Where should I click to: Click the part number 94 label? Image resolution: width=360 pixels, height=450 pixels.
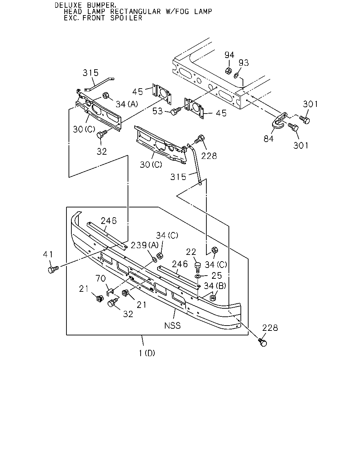(x=229, y=55)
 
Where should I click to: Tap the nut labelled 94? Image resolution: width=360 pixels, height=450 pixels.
(x=229, y=71)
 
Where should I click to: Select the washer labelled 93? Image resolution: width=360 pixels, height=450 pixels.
(x=236, y=76)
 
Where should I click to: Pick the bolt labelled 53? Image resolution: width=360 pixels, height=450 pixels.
(x=176, y=111)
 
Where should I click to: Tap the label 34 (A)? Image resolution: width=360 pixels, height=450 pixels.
(x=127, y=104)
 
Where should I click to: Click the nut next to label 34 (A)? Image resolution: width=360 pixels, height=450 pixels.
(x=105, y=95)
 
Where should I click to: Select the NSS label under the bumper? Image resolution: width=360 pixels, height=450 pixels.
(x=172, y=326)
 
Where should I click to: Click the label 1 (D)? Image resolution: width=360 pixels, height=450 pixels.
(x=147, y=353)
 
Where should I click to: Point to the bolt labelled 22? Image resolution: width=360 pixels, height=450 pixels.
(x=198, y=268)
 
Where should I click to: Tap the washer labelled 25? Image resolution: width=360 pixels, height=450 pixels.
(x=198, y=276)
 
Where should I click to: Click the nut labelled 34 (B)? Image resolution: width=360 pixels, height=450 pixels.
(x=213, y=297)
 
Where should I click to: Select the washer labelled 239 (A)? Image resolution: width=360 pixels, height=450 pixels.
(x=154, y=260)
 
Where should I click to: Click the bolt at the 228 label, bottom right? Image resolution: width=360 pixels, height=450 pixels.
(x=263, y=342)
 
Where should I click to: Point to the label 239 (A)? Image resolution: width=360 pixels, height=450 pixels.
(x=145, y=245)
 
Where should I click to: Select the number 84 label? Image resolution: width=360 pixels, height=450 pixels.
(x=269, y=139)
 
